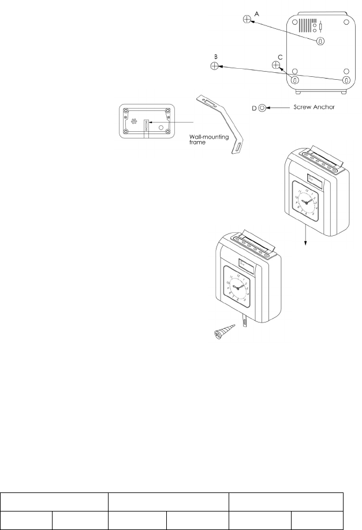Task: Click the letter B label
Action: (x=215, y=57)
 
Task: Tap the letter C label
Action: (x=280, y=56)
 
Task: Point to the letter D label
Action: (x=253, y=107)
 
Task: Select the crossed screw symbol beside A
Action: (x=247, y=20)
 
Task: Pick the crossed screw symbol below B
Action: (x=214, y=66)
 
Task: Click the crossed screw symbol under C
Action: (x=276, y=65)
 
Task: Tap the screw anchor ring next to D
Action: (x=262, y=108)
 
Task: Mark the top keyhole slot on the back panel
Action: (x=321, y=41)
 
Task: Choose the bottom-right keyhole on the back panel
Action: (x=346, y=80)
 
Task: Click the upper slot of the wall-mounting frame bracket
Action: (x=209, y=103)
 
